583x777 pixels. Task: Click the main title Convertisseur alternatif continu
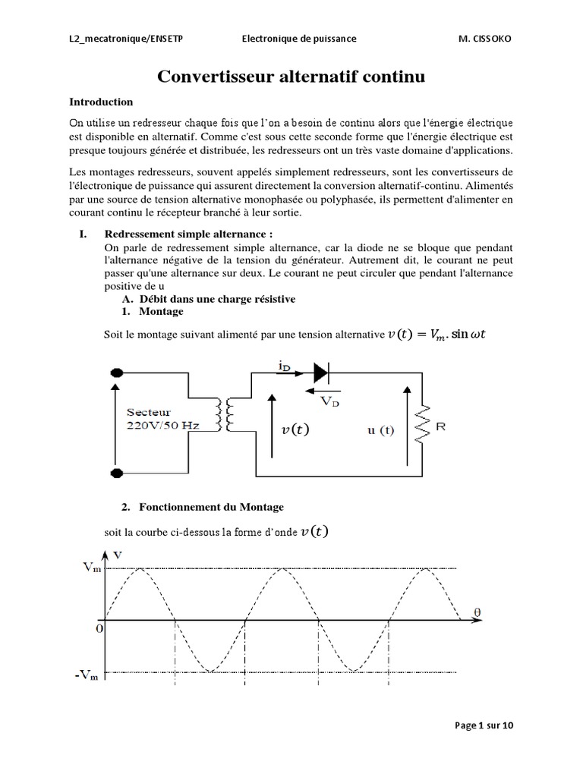pyautogui.click(x=291, y=77)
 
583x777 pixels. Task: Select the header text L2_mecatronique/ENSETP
pyautogui.click(x=125, y=38)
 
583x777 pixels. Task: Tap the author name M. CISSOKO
pyautogui.click(x=479, y=38)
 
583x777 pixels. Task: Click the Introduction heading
pyautogui.click(x=101, y=102)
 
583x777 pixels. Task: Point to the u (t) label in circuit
pyautogui.click(x=380, y=429)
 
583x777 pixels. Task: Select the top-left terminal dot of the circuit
pyautogui.click(x=118, y=373)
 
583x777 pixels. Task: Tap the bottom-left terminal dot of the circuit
pyautogui.click(x=118, y=474)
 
